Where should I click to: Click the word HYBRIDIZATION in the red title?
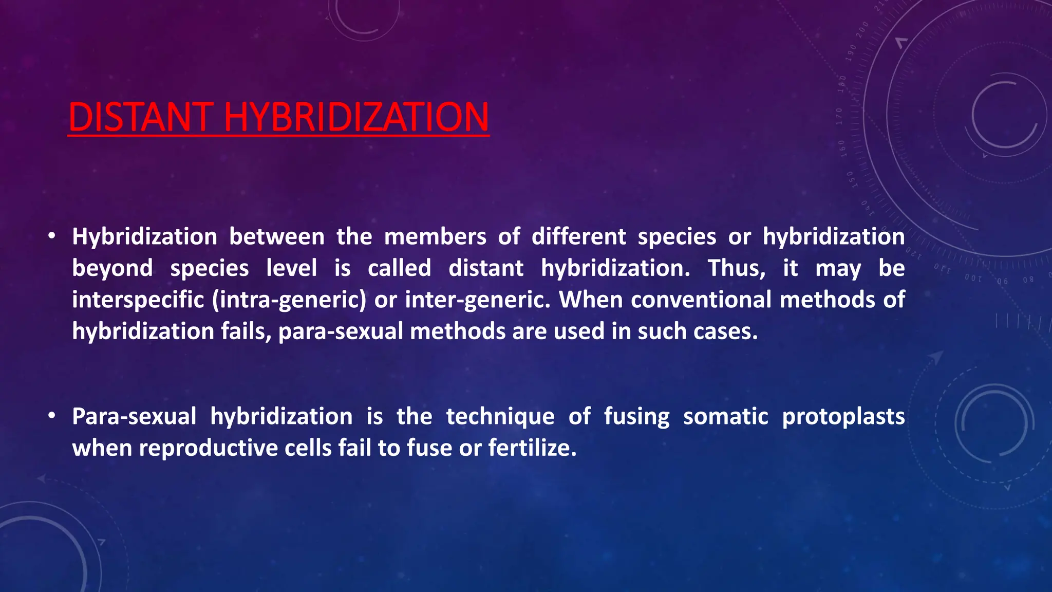[356, 117]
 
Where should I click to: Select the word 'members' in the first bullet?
[435, 237]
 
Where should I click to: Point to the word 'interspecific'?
[138, 300]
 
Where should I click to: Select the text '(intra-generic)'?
[289, 300]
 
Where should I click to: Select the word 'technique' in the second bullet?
[500, 416]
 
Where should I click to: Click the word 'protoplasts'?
[843, 416]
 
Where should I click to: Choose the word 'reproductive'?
[208, 448]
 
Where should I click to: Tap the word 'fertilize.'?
[533, 448]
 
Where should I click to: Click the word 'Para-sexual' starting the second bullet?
[134, 416]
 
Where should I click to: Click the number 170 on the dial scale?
[839, 116]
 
